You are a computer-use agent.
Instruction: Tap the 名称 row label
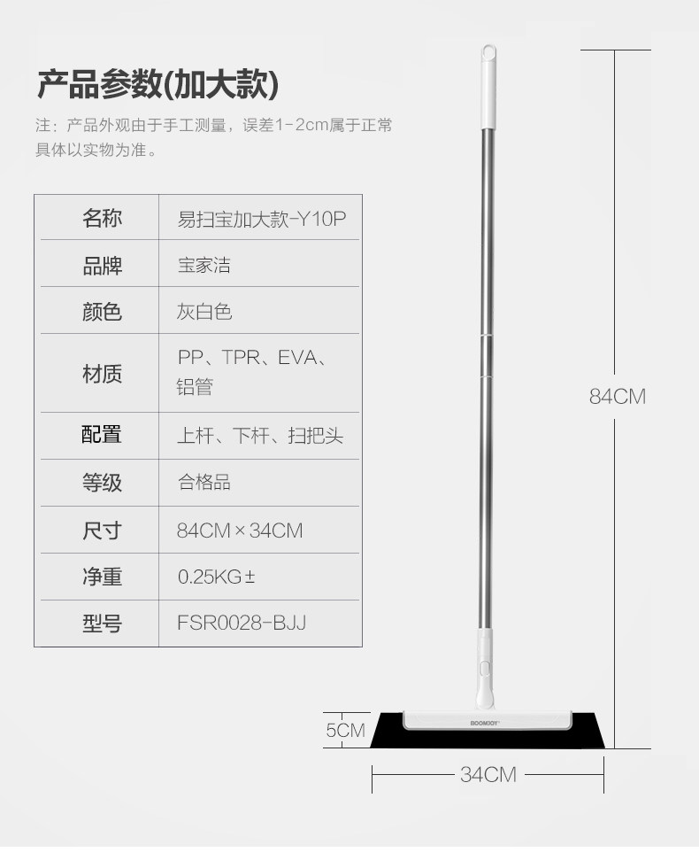(x=102, y=218)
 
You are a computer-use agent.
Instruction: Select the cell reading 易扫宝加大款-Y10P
(x=261, y=219)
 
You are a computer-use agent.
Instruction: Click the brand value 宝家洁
(x=204, y=265)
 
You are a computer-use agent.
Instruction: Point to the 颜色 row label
(x=102, y=312)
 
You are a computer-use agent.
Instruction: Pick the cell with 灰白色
(x=204, y=312)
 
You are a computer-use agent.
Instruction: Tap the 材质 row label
(x=102, y=374)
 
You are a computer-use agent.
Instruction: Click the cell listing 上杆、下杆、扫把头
(x=260, y=436)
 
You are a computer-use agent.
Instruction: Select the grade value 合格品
(x=204, y=483)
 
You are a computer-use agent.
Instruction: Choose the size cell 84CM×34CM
(x=240, y=531)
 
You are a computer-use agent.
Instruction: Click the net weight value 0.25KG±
(x=217, y=577)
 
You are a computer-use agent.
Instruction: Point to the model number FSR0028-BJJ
(x=242, y=623)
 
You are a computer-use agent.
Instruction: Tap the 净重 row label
(x=102, y=577)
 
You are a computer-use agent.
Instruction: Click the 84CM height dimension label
(x=618, y=396)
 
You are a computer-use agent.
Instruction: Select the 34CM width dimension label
(x=488, y=775)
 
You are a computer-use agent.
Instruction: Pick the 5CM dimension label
(x=345, y=730)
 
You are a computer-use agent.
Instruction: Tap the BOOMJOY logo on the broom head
(x=486, y=723)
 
